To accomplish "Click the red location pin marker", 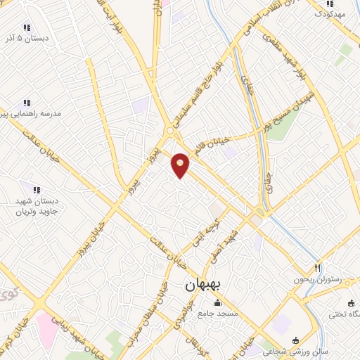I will (181, 165).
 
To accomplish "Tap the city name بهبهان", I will (203, 286).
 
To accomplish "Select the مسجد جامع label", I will (218, 313).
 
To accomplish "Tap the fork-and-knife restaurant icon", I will (317, 268).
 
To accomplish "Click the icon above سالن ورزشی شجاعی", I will (295, 339).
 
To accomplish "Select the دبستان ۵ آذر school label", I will (26, 38).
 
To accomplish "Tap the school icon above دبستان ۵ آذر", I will (27, 27).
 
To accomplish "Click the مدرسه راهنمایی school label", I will (36, 113).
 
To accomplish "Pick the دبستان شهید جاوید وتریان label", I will (37, 206).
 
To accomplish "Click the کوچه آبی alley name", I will (202, 236).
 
